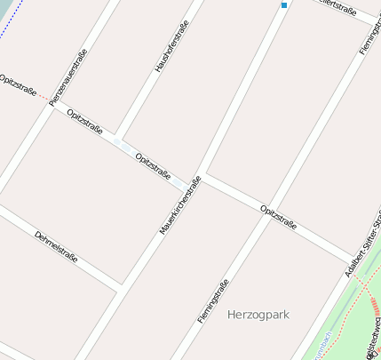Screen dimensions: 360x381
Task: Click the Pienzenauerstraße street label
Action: pyautogui.click(x=68, y=78)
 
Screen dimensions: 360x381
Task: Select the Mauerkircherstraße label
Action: pyautogui.click(x=180, y=205)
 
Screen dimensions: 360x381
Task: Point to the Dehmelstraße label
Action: pyautogui.click(x=56, y=247)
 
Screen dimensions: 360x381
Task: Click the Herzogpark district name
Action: pyautogui.click(x=258, y=315)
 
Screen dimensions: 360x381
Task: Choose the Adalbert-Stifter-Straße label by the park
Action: pyautogui.click(x=365, y=235)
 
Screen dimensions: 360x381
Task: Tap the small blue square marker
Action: pyautogui.click(x=284, y=5)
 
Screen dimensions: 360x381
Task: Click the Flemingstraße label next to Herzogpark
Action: pyautogui.click(x=213, y=300)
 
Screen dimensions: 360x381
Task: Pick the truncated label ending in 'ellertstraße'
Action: pyautogui.click(x=338, y=10)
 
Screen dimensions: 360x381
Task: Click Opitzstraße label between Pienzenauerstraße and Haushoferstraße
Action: pyautogui.click(x=84, y=122)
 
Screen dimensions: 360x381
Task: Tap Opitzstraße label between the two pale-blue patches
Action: pyautogui.click(x=153, y=166)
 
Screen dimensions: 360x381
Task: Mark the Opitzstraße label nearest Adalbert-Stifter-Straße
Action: pyautogui.click(x=279, y=216)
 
